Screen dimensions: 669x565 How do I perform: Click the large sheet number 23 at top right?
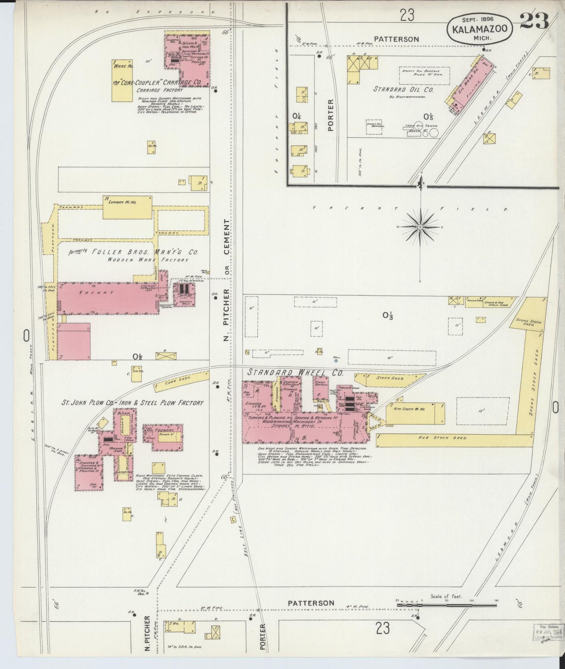[x=534, y=22]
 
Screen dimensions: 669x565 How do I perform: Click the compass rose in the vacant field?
[x=420, y=227]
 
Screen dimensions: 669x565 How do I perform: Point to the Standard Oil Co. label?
[x=404, y=89]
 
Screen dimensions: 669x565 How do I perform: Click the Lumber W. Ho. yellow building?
[x=127, y=208]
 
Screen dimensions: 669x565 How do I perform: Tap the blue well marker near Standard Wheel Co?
[x=335, y=361]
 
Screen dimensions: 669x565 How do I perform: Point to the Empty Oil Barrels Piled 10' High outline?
[x=424, y=76]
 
